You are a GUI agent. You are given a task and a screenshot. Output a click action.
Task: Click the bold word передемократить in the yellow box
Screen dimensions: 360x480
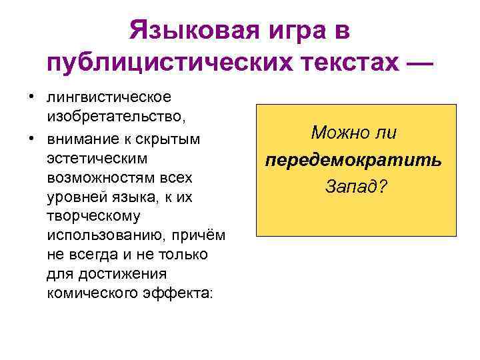(354, 161)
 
